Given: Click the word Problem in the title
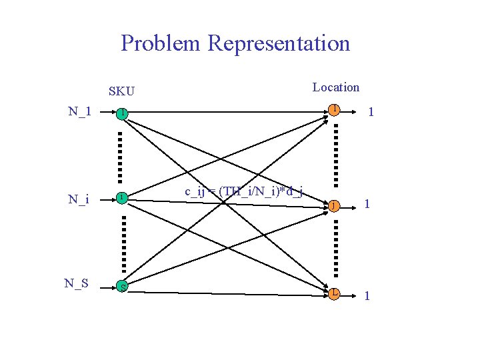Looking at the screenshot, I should (161, 43).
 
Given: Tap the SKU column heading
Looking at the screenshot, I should (121, 90).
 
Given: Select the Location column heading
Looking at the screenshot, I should (336, 87).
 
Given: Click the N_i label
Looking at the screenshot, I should (79, 199).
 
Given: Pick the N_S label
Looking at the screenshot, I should (77, 283).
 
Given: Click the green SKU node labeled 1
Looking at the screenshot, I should (121, 114).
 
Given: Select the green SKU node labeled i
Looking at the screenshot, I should (122, 198).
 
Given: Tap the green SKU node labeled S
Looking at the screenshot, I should (122, 287).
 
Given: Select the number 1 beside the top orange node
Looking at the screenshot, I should (371, 114).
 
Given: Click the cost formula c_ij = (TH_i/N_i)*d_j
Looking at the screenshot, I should (244, 192).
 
